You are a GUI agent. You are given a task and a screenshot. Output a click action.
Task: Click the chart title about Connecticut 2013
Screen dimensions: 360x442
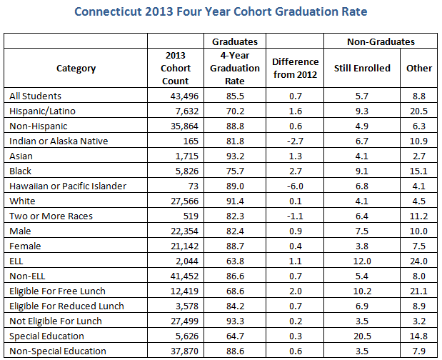[221, 12]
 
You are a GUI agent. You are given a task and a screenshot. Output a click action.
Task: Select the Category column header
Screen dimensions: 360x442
[76, 68]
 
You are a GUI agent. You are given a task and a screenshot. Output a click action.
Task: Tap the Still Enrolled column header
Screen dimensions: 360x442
[362, 68]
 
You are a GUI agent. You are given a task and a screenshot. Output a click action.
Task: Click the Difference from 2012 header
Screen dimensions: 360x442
[296, 68]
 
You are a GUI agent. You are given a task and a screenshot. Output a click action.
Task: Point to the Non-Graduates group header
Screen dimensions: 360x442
[381, 42]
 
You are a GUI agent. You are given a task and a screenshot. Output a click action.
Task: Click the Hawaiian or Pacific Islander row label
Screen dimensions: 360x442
[68, 186]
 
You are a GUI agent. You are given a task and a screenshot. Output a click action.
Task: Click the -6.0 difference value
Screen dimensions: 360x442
[296, 186]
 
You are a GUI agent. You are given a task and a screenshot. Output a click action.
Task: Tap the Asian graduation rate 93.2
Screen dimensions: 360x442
[234, 156]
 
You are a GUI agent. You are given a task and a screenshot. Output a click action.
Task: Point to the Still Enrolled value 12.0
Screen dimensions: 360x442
[362, 261]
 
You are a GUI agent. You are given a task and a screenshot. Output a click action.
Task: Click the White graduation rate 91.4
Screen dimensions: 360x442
[234, 201]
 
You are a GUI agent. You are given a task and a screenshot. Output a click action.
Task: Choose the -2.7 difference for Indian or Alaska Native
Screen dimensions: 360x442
[296, 141]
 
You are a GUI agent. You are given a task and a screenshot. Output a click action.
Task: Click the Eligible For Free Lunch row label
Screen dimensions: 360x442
[58, 291]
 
